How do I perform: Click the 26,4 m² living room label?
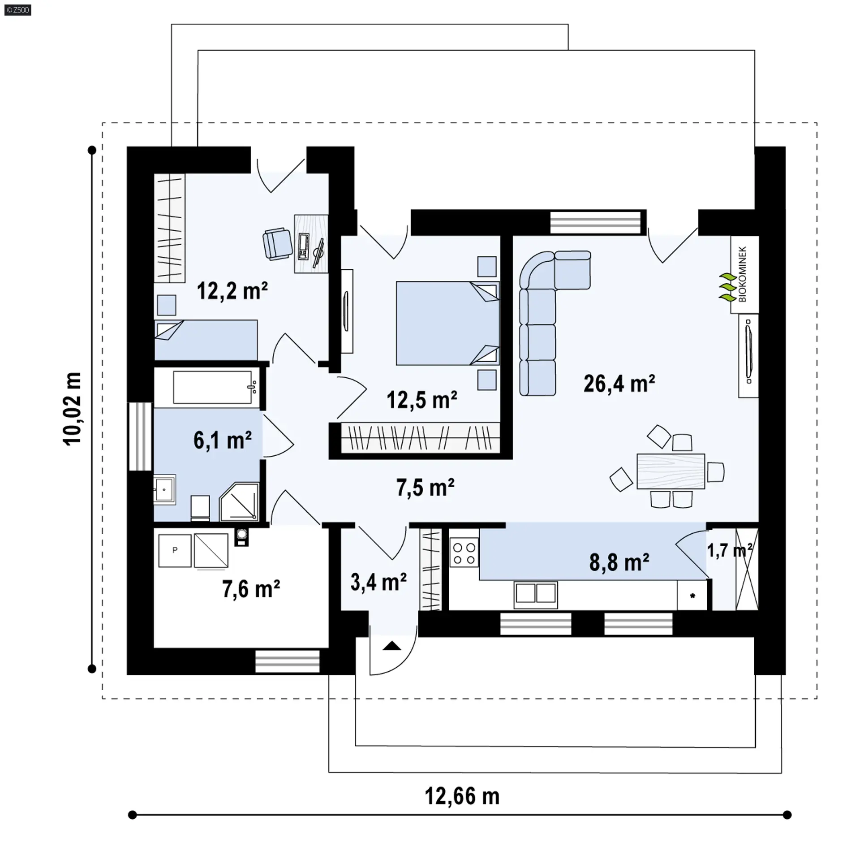coord(619,384)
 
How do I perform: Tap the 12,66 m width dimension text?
coord(462,796)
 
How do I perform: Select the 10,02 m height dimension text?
coord(73,408)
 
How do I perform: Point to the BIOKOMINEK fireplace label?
coord(743,274)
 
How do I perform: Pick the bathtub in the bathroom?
coord(212,387)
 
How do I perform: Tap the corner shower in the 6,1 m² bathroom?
coord(240,502)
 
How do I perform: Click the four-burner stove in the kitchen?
coord(464,553)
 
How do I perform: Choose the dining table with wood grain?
coord(671,471)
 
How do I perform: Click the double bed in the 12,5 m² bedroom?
coord(447,323)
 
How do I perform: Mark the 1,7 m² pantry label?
coord(729,550)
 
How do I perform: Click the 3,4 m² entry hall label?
coord(378,582)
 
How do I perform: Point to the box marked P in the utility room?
coord(175,550)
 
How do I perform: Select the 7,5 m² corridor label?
coord(425,488)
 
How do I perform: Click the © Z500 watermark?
coord(18,9)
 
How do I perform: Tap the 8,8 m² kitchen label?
coord(619,562)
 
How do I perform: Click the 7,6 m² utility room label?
coord(251,589)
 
